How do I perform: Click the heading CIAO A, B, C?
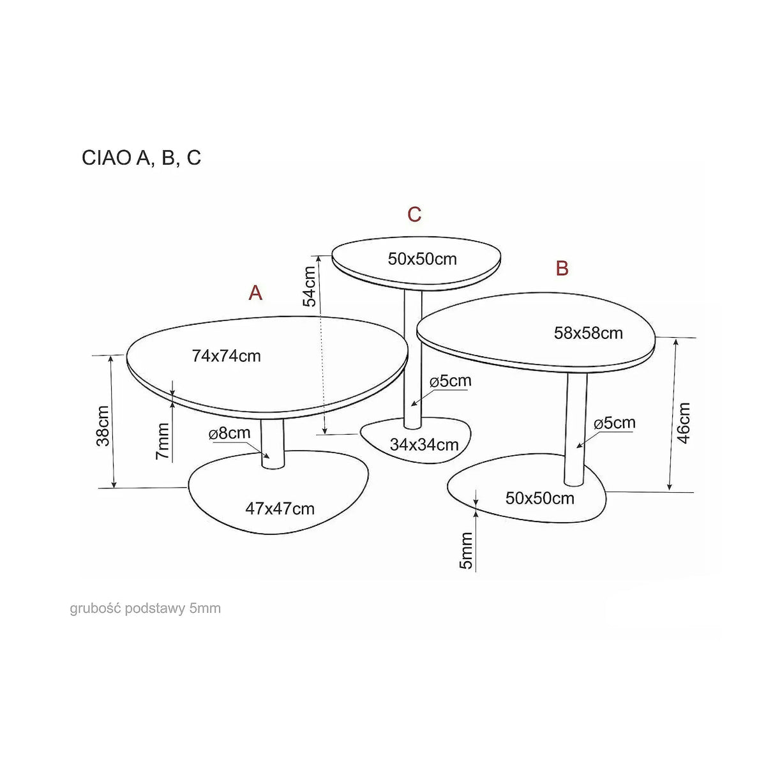pyautogui.click(x=141, y=158)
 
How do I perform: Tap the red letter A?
pyautogui.click(x=255, y=293)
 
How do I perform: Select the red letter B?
pyautogui.click(x=562, y=268)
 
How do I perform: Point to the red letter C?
pyautogui.click(x=414, y=214)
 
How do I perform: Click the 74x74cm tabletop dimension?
pyautogui.click(x=226, y=356)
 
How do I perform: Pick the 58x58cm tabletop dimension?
pyautogui.click(x=589, y=333)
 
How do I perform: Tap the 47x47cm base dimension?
pyautogui.click(x=280, y=508)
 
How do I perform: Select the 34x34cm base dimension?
pyautogui.click(x=424, y=444)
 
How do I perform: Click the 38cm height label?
pyautogui.click(x=103, y=426)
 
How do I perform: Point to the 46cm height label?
pyautogui.click(x=684, y=423)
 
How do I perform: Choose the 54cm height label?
pyautogui.click(x=309, y=286)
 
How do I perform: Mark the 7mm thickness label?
pyautogui.click(x=162, y=442)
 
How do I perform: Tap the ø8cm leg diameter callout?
pyautogui.click(x=230, y=433)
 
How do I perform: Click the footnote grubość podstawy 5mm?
pyautogui.click(x=146, y=608)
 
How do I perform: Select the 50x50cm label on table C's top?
pyautogui.click(x=422, y=259)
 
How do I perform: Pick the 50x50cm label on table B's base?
pyautogui.click(x=540, y=498)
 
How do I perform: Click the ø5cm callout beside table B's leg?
pyautogui.click(x=615, y=423)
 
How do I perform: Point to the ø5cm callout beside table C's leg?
pyautogui.click(x=451, y=381)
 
